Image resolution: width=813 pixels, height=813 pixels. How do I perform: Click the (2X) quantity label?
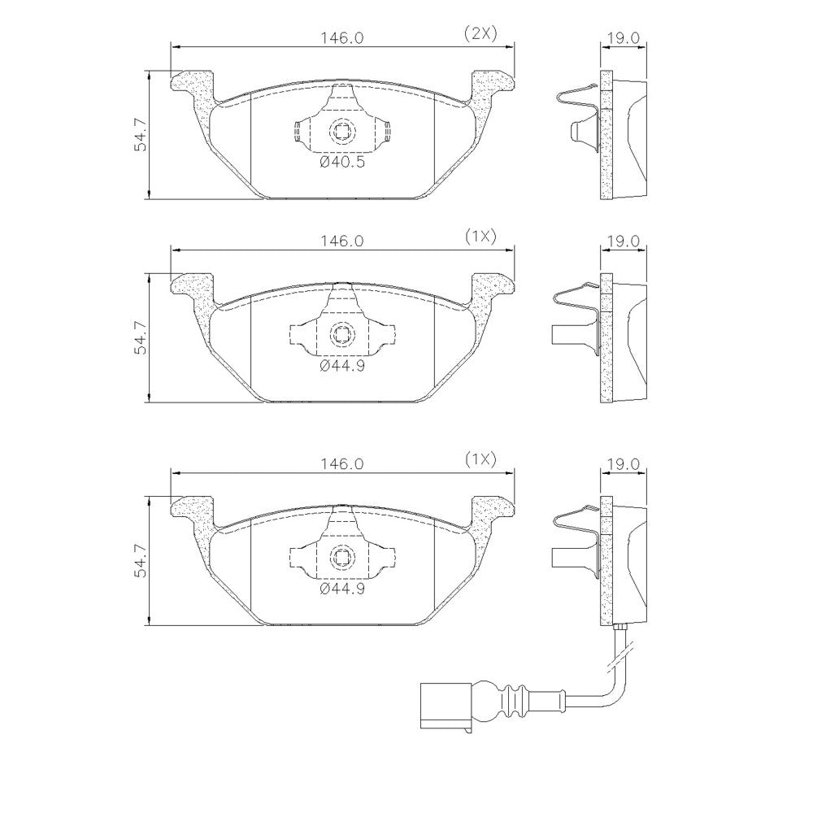[480, 34]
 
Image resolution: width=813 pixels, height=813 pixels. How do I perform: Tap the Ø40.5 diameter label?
[342, 163]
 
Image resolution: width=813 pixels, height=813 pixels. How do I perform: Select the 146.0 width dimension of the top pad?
[342, 38]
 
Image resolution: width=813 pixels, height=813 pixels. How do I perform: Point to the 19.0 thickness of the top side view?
[624, 38]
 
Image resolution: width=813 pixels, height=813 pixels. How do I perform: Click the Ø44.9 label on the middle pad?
[342, 366]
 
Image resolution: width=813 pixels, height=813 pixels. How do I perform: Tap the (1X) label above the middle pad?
[480, 237]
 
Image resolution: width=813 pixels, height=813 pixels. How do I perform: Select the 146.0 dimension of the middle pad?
[342, 241]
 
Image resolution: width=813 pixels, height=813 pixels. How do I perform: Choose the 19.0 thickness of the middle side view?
[624, 241]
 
